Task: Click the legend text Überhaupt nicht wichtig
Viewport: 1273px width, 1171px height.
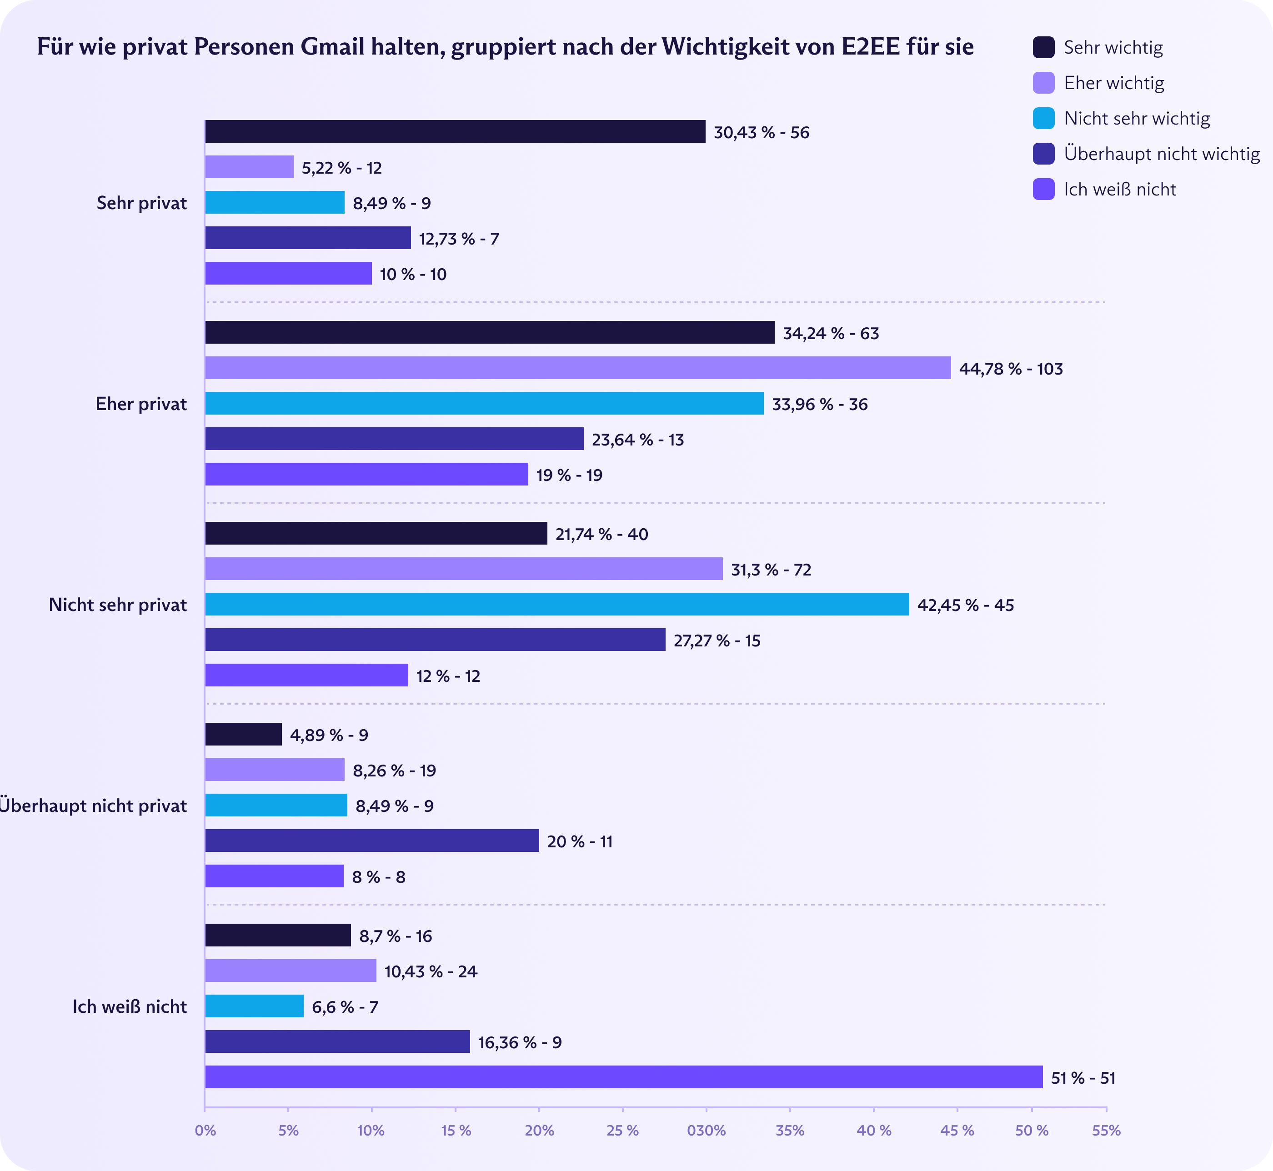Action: tap(1162, 154)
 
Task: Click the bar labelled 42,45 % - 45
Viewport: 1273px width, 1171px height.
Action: tap(556, 605)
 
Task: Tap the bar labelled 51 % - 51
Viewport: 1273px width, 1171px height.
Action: tap(623, 1077)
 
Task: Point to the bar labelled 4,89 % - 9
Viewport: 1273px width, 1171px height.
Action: tap(243, 735)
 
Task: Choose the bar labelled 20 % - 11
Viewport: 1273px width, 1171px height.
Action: tap(371, 841)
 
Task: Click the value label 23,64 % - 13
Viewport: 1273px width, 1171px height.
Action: tap(637, 440)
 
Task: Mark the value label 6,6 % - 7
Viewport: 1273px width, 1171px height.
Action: tap(345, 1007)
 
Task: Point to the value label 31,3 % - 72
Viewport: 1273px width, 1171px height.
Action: tap(771, 570)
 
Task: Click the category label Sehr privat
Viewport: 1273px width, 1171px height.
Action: tap(141, 203)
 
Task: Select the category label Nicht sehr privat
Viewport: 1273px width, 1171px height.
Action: tap(118, 605)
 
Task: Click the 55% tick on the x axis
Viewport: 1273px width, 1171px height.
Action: tap(1106, 1131)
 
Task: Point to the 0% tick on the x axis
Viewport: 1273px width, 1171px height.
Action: tap(205, 1131)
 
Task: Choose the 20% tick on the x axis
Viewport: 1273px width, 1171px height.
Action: tap(539, 1131)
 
